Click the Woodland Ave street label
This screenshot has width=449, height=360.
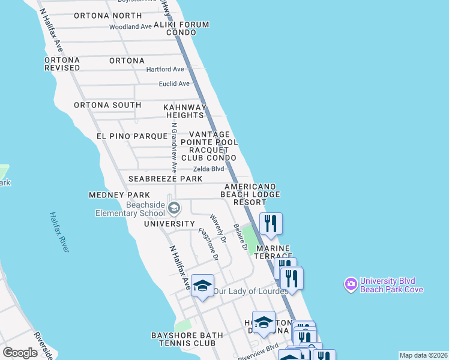pyautogui.click(x=130, y=27)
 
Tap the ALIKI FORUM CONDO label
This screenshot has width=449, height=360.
pyautogui.click(x=181, y=29)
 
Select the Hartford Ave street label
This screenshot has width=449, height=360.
pyautogui.click(x=165, y=70)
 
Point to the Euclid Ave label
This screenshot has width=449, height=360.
pyautogui.click(x=174, y=84)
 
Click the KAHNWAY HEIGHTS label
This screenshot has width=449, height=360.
pyautogui.click(x=184, y=111)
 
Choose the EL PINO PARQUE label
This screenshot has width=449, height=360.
pyautogui.click(x=127, y=137)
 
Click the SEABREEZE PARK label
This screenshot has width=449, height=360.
pyautogui.click(x=165, y=179)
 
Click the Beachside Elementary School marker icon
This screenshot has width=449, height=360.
pyautogui.click(x=174, y=209)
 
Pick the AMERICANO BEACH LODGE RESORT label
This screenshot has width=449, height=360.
pyautogui.click(x=250, y=195)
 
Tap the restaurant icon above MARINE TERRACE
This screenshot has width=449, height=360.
pyautogui.click(x=271, y=224)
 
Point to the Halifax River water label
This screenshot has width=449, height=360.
pyautogui.click(x=59, y=232)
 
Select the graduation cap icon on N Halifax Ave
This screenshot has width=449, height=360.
pyautogui.click(x=203, y=286)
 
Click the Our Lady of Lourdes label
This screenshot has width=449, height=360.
pyautogui.click(x=251, y=292)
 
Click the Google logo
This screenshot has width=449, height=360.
pyautogui.click(x=20, y=353)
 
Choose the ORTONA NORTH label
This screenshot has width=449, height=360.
pyautogui.click(x=108, y=16)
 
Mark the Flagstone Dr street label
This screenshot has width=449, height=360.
pyautogui.click(x=209, y=244)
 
